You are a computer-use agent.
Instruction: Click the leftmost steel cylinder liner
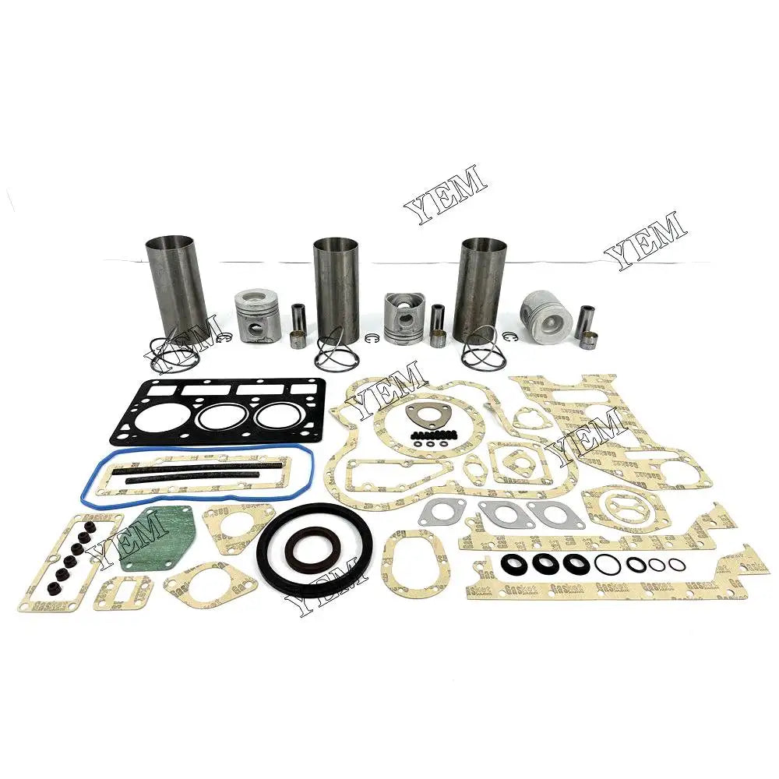tap(176, 280)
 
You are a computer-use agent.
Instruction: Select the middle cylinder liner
tap(336, 284)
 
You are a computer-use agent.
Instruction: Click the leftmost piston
tap(259, 315)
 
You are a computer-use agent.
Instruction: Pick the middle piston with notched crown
tap(403, 319)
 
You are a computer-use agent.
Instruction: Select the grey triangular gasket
tap(424, 417)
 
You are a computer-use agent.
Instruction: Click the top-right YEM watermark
tap(647, 238)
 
